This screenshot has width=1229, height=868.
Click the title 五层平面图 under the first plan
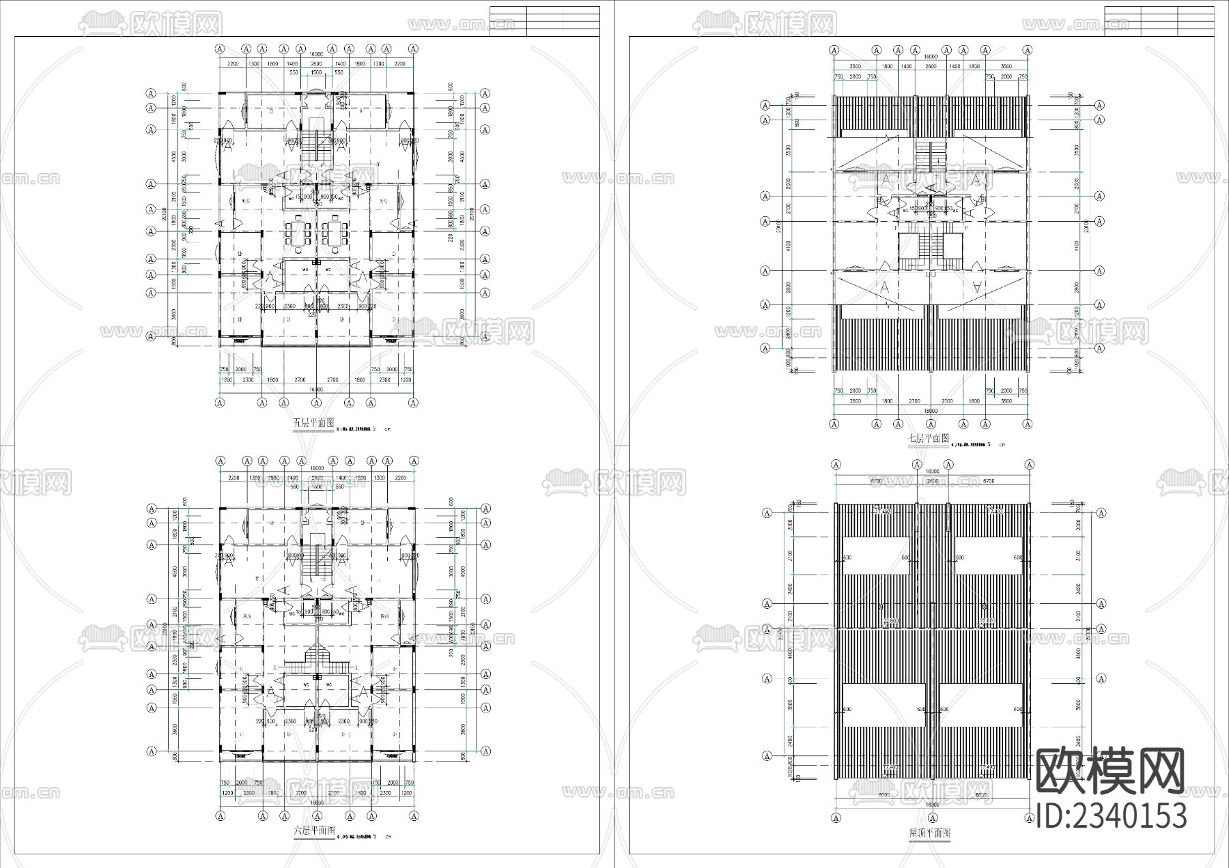pos(313,423)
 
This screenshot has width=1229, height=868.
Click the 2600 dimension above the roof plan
pos(933,481)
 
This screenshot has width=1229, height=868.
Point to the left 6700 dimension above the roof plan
pos(876,481)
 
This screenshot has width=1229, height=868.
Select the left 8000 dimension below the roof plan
pos(884,796)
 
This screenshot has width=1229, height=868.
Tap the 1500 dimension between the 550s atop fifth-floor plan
pos(316,72)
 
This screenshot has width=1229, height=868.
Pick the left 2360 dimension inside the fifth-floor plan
pos(289,307)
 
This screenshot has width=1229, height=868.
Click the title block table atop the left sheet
pos(545,21)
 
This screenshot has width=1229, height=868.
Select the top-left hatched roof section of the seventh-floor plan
pos(872,117)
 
